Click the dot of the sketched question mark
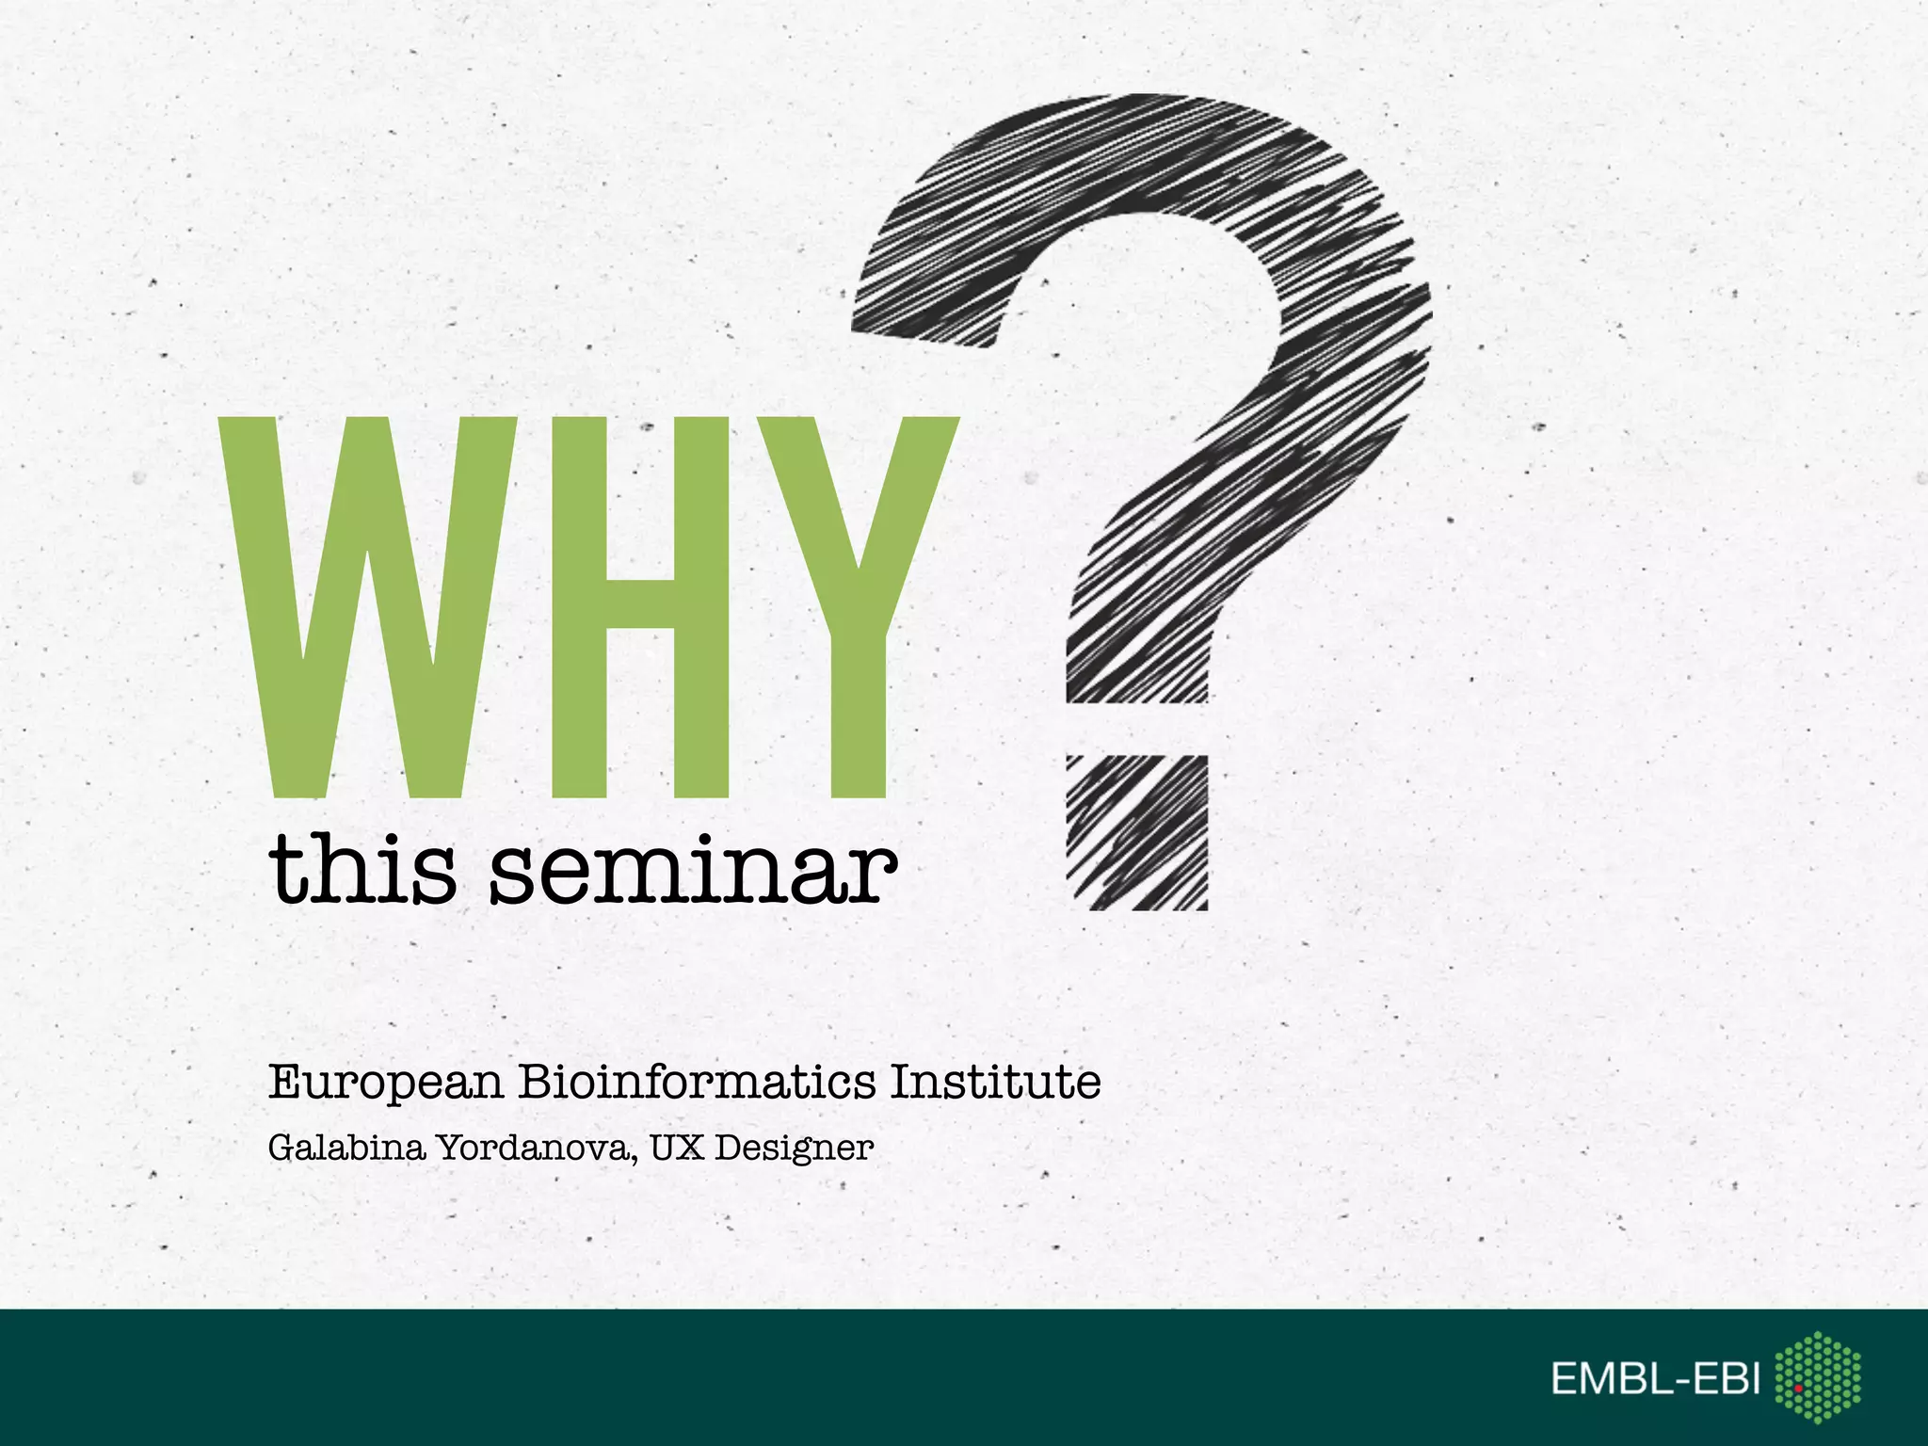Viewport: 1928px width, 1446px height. (x=1137, y=832)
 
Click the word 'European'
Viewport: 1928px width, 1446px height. (x=386, y=1083)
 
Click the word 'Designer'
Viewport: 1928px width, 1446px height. (x=794, y=1149)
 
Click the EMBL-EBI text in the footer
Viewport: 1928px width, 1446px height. (x=1655, y=1380)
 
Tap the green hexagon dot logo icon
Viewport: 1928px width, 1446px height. (x=1817, y=1376)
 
